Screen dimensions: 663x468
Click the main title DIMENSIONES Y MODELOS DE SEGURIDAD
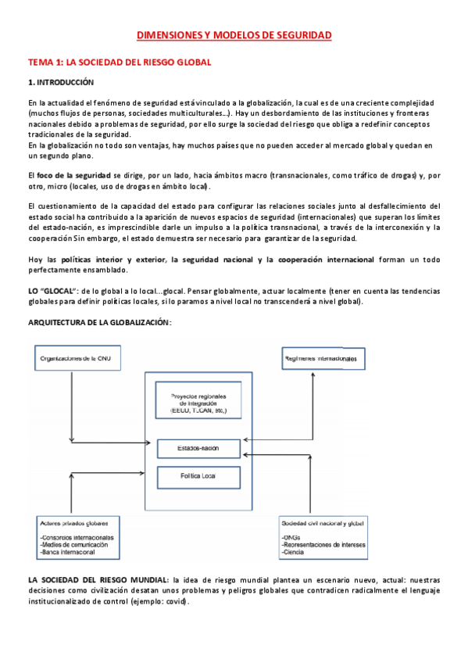pyautogui.click(x=234, y=35)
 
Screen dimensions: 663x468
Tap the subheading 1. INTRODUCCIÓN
pyautogui.click(x=61, y=82)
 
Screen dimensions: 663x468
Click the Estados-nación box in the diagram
pyautogui.click(x=198, y=449)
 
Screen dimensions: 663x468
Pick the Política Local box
pyautogui.click(x=198, y=475)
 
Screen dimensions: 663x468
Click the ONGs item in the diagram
pyautogui.click(x=289, y=537)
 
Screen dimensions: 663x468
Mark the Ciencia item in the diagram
pyautogui.click(x=293, y=553)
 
